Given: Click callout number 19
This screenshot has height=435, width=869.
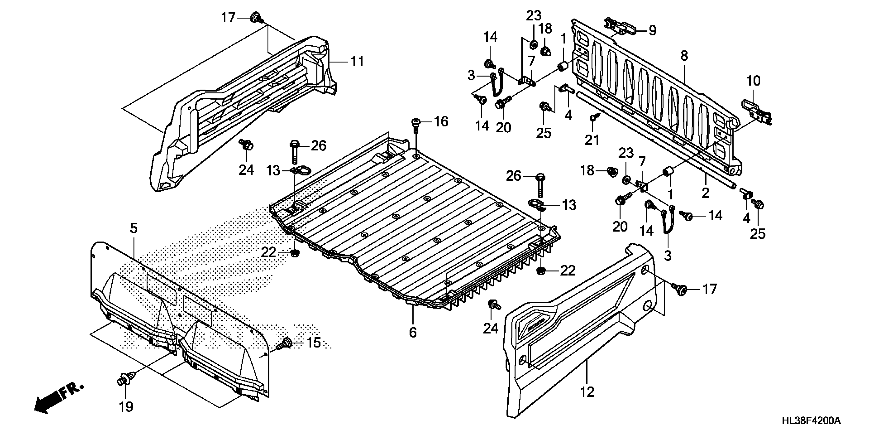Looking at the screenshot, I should (126, 407).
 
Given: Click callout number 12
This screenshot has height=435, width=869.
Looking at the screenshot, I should (587, 392).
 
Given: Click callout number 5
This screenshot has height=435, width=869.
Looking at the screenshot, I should (134, 229).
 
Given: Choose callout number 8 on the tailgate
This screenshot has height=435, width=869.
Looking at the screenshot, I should (684, 56).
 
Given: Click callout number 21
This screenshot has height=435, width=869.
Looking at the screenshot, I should (592, 140).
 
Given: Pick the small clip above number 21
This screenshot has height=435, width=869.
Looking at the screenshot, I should (594, 118).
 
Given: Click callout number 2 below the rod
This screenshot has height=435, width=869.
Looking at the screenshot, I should (705, 193).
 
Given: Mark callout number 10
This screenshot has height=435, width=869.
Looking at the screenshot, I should (753, 81).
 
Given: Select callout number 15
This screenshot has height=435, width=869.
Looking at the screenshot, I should (313, 343).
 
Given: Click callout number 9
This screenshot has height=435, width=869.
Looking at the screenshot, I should (653, 31).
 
